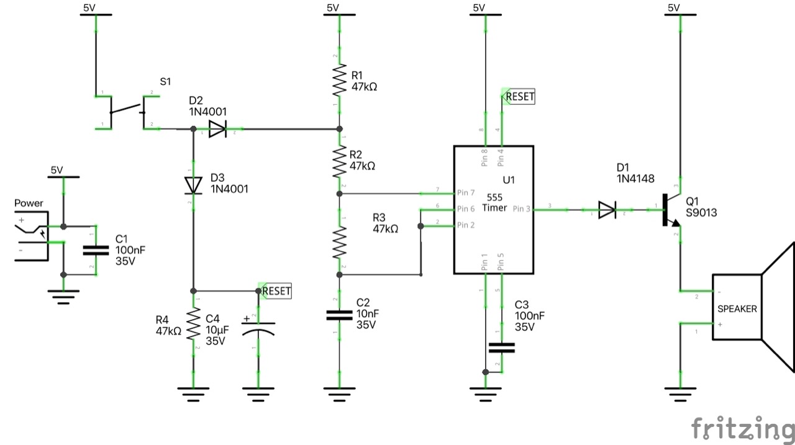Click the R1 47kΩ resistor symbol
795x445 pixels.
[339, 81]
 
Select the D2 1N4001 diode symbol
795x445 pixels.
[217, 129]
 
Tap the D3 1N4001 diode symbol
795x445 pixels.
[193, 185]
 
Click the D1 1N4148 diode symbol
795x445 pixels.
[607, 210]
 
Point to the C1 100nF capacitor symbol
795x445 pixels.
[95, 251]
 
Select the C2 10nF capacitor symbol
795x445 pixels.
[339, 315]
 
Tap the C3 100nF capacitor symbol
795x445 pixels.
[501, 348]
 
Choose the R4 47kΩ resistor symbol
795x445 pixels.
[193, 325]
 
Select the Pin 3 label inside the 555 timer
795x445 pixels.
[521, 209]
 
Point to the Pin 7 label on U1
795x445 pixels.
[466, 192]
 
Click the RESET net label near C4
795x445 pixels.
[275, 290]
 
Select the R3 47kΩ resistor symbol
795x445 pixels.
[339, 242]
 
